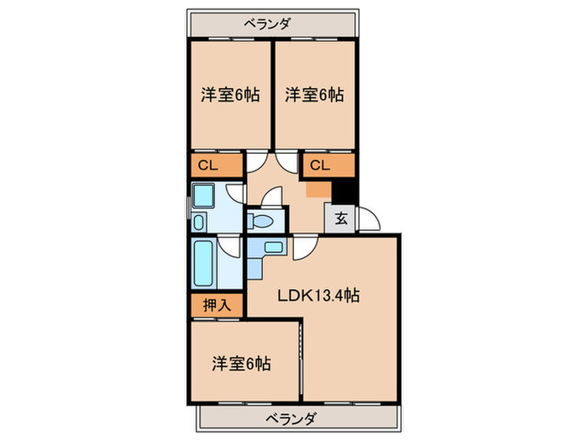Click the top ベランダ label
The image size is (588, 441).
click(268, 24)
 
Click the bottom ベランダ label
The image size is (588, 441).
click(293, 417)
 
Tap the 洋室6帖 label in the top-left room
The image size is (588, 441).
click(229, 94)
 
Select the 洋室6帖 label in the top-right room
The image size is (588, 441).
click(313, 94)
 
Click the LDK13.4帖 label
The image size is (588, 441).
click(321, 295)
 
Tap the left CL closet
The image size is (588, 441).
click(209, 165)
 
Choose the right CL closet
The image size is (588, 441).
click(320, 165)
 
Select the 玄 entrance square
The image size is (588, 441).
click(342, 219)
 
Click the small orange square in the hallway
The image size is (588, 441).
click(317, 190)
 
